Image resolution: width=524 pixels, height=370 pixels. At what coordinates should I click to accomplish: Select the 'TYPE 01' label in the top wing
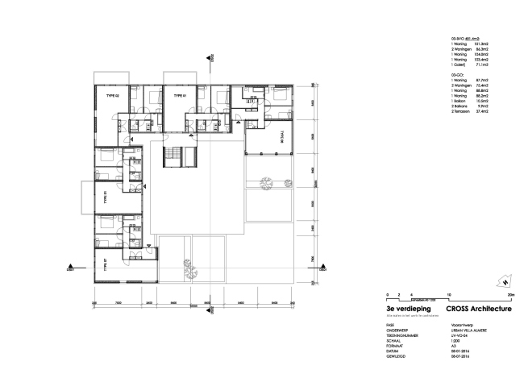179,96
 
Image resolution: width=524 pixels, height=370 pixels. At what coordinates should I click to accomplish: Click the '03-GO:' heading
457,75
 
